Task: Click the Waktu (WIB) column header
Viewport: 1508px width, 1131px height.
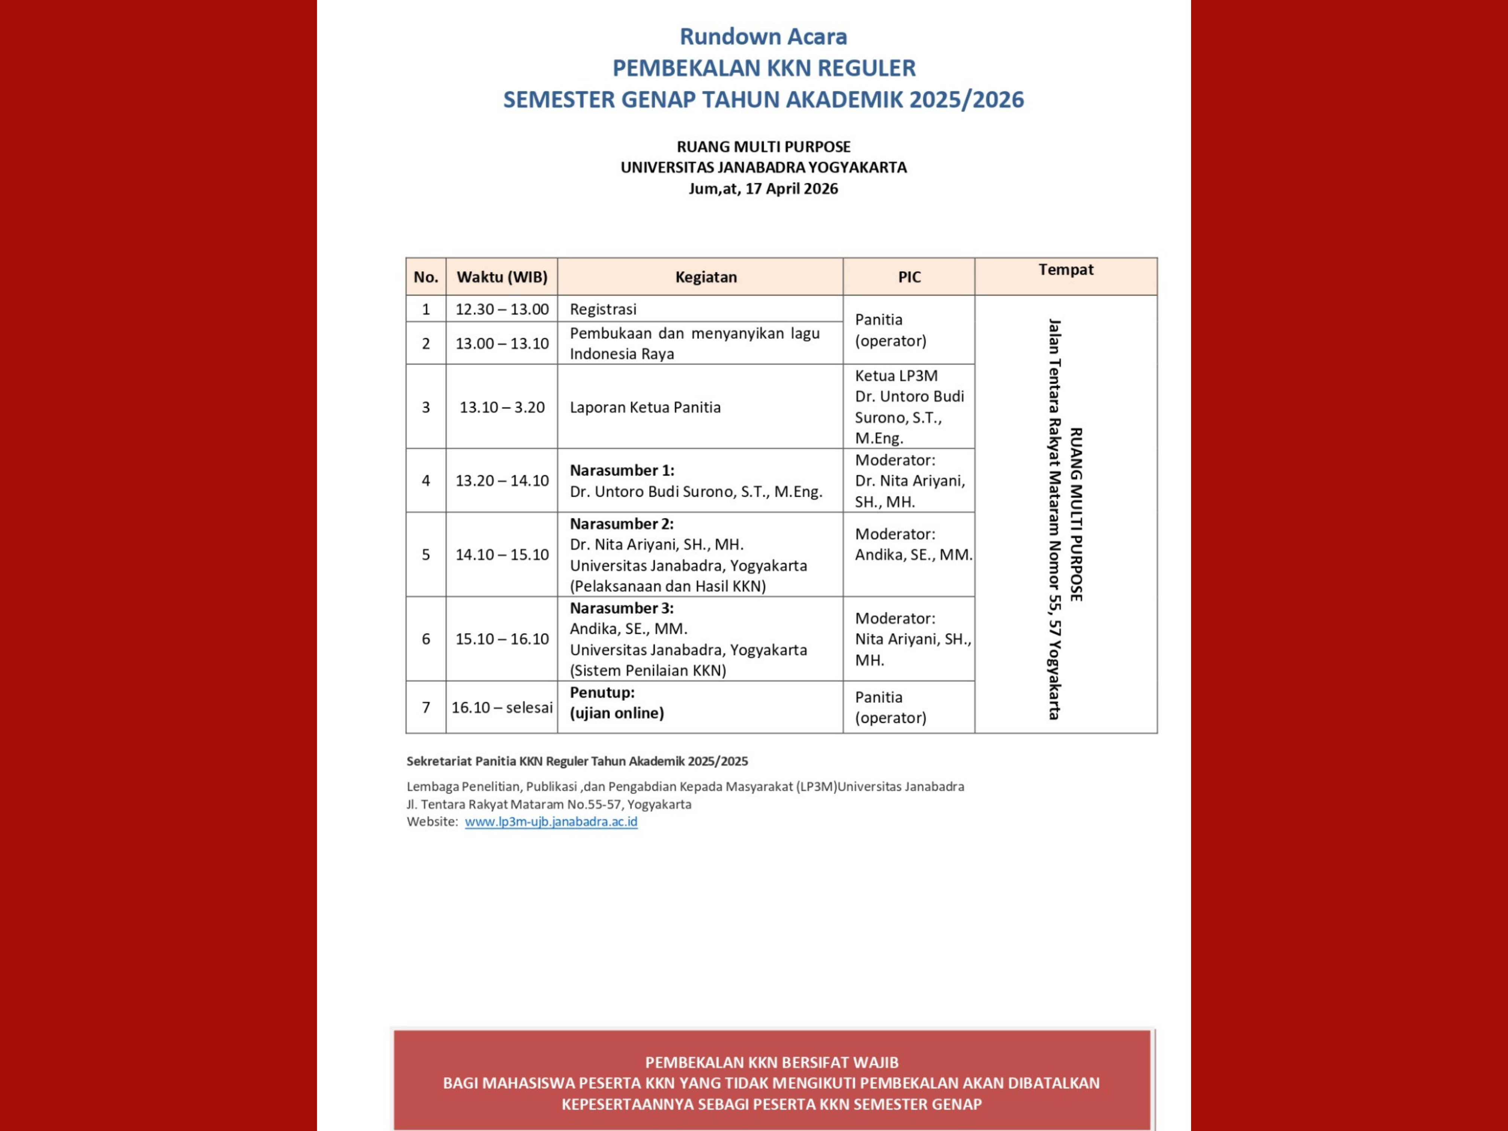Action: [x=502, y=277]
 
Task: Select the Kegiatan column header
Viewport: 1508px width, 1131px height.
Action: [x=706, y=277]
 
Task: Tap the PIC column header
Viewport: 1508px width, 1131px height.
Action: [x=909, y=277]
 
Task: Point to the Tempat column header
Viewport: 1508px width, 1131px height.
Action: [x=1066, y=270]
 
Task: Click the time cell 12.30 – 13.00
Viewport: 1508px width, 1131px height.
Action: [x=502, y=309]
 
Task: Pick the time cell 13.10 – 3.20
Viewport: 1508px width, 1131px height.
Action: [x=502, y=407]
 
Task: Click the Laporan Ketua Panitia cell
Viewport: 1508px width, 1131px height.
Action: [x=645, y=407]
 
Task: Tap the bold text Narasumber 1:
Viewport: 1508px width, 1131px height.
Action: [x=622, y=470]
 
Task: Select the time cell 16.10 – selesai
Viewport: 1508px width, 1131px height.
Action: [x=502, y=707]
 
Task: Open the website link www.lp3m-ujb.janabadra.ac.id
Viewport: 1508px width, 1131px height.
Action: [x=551, y=822]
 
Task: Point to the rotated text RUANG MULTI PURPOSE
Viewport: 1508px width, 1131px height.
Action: [x=1076, y=514]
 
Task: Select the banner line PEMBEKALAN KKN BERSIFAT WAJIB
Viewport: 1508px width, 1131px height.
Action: [x=772, y=1062]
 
